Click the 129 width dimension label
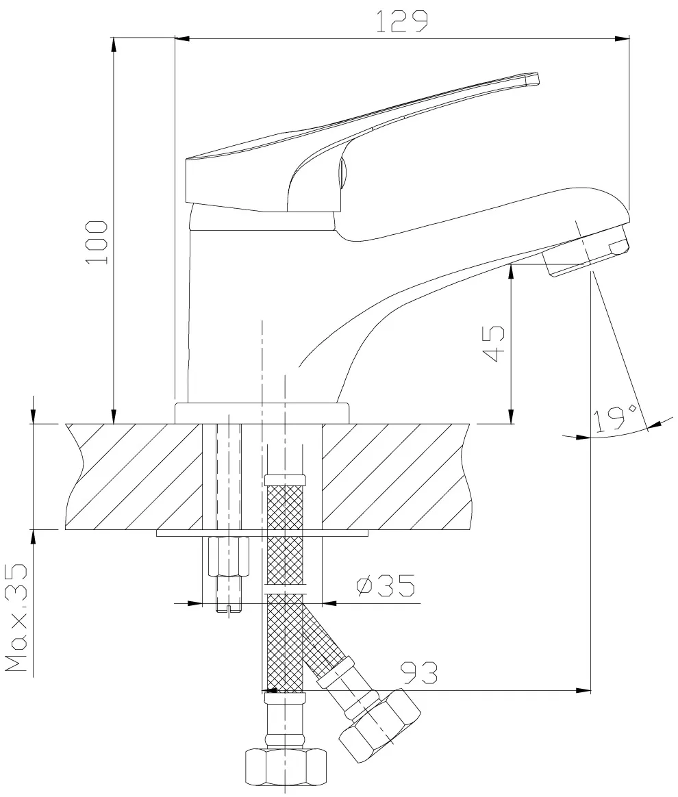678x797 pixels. tap(401, 21)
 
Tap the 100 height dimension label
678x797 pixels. tap(97, 242)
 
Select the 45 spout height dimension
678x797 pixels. tap(493, 344)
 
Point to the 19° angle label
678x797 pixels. tap(616, 418)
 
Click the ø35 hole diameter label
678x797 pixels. tap(386, 585)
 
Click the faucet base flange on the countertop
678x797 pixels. tap(262, 414)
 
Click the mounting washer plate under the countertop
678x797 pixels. tap(262, 533)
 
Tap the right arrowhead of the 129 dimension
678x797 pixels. tap(622, 38)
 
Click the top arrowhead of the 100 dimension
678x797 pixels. tap(113, 45)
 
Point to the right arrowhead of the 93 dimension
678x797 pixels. tap(583, 690)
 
